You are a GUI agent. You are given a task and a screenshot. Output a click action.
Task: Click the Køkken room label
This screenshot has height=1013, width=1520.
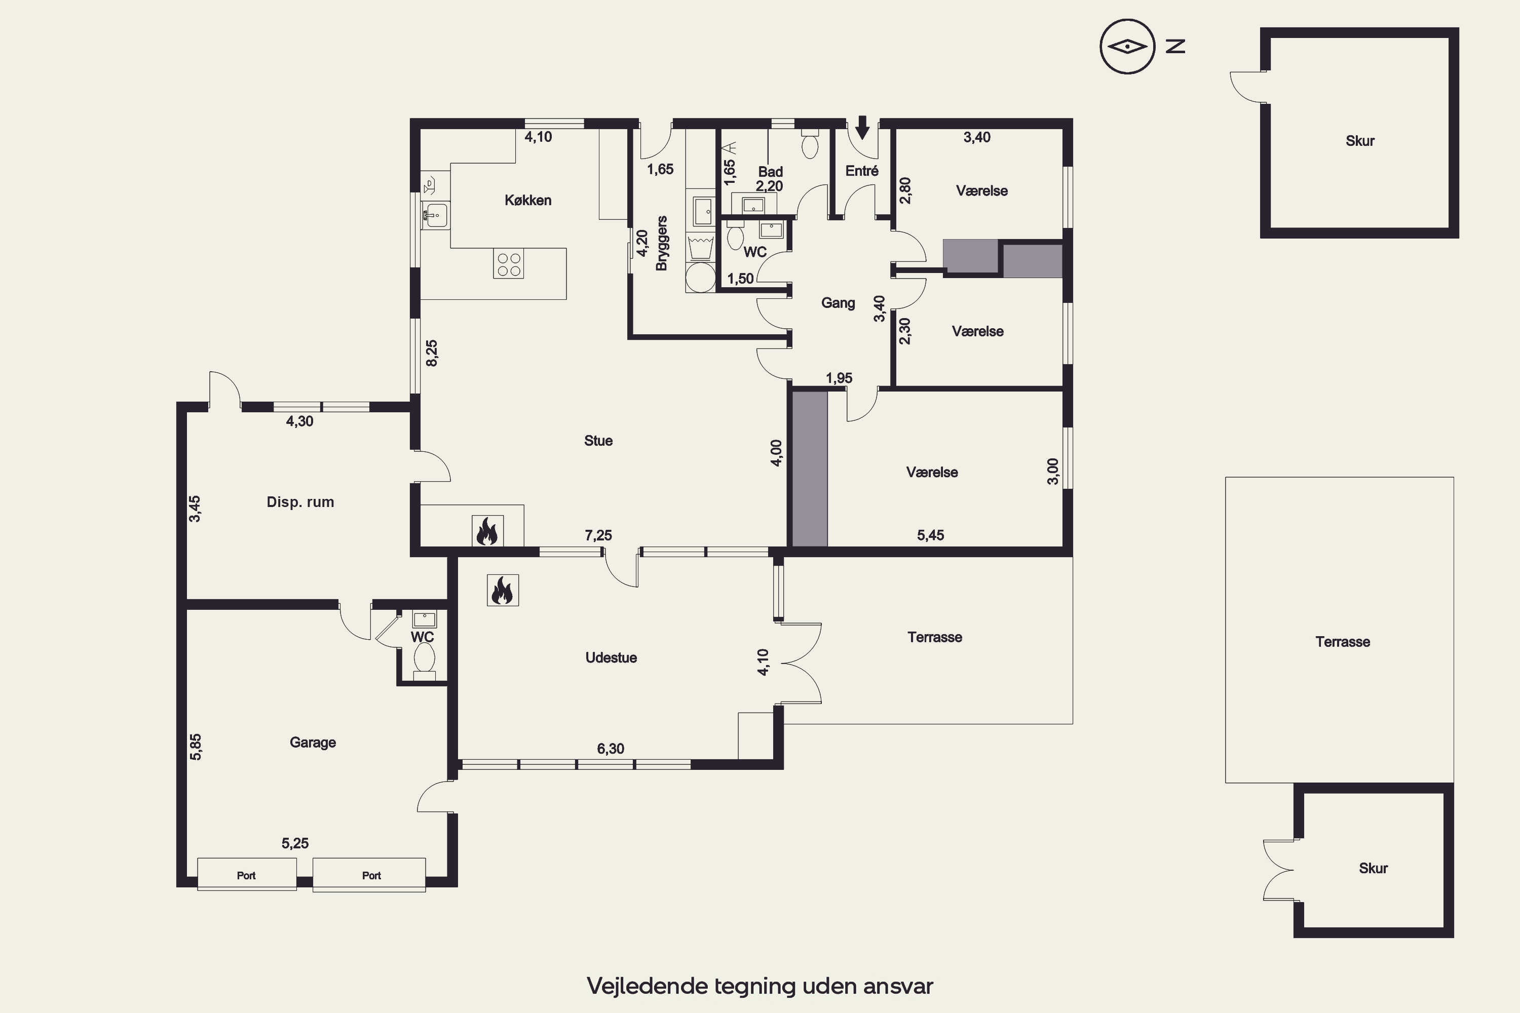[x=528, y=200]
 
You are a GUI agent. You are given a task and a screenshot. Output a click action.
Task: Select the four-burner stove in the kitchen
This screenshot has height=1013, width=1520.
[x=509, y=263]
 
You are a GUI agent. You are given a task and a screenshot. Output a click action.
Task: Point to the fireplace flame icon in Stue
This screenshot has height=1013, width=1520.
[x=487, y=531]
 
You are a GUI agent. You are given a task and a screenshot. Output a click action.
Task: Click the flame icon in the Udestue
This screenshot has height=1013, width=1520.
[x=503, y=590]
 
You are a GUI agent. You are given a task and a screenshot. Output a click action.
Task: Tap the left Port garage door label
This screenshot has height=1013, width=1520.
[x=246, y=875]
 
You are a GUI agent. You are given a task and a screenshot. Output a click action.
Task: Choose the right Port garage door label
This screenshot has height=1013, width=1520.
[x=371, y=875]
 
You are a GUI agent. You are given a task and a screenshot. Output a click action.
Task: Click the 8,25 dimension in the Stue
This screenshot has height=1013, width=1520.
[x=432, y=354]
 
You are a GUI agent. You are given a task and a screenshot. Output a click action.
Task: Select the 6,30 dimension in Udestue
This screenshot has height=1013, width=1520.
[x=611, y=749]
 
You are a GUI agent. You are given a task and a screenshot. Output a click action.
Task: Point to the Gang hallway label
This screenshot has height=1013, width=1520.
[x=838, y=302]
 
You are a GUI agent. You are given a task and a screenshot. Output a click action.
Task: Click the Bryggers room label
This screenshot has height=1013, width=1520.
[x=661, y=243]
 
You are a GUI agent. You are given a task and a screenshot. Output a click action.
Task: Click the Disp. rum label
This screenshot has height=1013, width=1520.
[x=300, y=502]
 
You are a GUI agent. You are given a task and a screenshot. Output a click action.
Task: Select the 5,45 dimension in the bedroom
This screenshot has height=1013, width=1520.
[x=931, y=535]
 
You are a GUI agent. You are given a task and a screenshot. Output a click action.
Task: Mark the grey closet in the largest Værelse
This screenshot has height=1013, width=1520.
[x=810, y=469]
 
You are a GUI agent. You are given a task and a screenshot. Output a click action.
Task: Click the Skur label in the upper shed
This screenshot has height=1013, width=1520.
[x=1360, y=141]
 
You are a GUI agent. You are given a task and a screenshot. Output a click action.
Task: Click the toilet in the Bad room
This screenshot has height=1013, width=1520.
[x=810, y=143]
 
